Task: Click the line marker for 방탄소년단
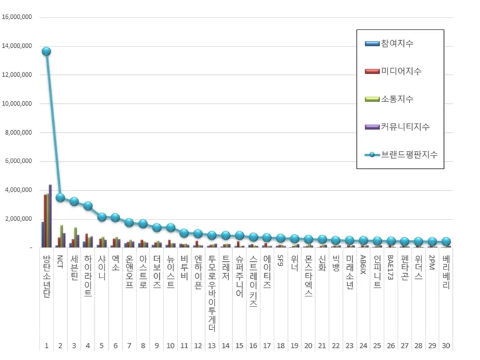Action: click(46, 52)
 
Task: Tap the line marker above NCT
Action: click(60, 197)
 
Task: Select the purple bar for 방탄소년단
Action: click(50, 216)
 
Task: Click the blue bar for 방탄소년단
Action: click(42, 234)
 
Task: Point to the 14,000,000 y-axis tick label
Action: click(18, 46)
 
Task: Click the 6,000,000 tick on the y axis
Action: click(19, 161)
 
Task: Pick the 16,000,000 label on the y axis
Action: click(18, 17)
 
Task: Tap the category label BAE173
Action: click(391, 267)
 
